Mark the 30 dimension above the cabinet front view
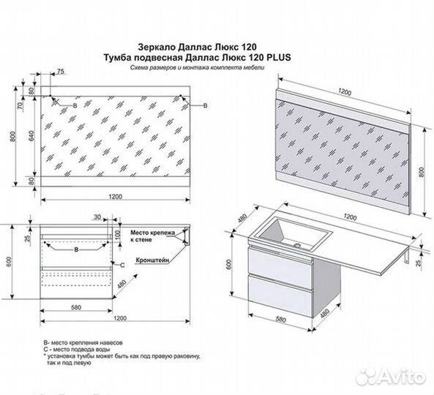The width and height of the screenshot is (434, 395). tap(97, 216)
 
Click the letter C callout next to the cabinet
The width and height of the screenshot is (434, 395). tap(121, 263)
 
